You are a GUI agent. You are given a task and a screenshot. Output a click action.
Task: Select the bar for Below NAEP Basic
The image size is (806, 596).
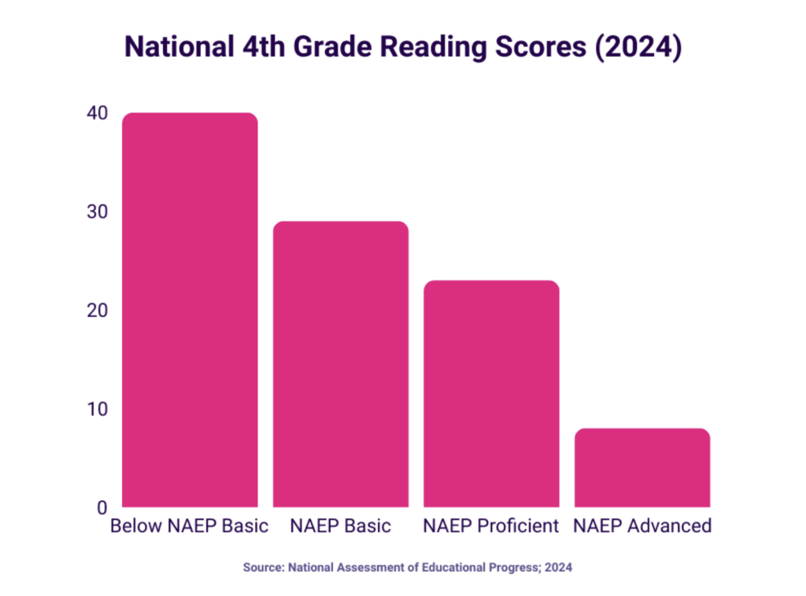(x=190, y=310)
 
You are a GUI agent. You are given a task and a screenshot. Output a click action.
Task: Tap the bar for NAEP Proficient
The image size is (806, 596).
(x=491, y=393)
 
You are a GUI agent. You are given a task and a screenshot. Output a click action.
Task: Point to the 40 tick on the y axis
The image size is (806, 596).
(x=98, y=113)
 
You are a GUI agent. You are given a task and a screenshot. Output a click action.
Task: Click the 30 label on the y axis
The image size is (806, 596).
(x=98, y=212)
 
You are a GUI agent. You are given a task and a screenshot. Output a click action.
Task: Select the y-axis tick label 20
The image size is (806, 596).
(x=98, y=311)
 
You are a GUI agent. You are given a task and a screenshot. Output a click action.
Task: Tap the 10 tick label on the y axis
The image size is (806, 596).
(x=98, y=409)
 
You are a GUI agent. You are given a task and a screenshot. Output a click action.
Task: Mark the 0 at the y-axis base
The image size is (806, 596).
(x=102, y=508)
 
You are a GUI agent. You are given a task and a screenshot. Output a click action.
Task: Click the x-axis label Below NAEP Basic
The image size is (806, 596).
(x=190, y=526)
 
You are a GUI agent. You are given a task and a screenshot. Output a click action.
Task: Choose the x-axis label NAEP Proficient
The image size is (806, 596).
(x=491, y=526)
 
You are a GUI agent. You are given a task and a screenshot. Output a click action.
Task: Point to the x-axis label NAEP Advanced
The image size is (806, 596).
(x=642, y=526)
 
